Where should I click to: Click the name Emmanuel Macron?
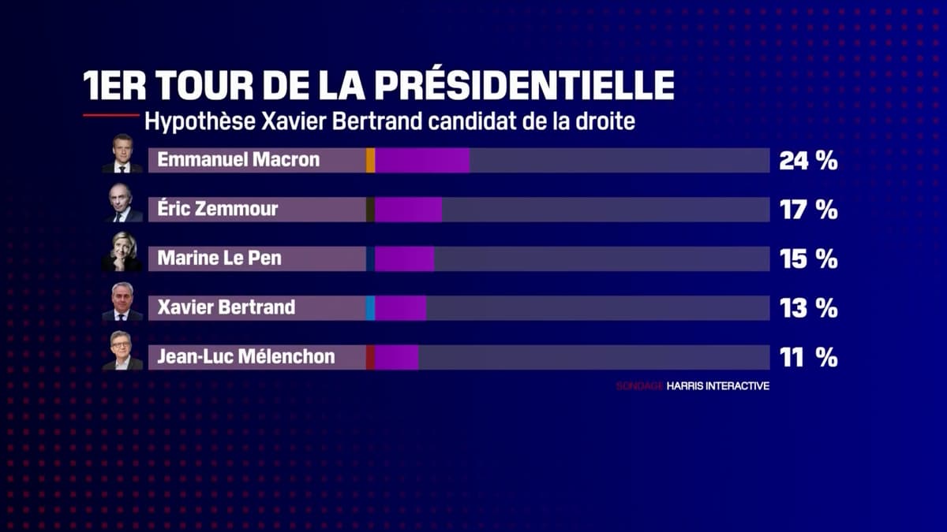[x=238, y=160]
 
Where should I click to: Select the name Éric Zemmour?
[x=218, y=210]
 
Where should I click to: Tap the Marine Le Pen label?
[x=219, y=259]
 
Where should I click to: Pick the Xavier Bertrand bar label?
[x=226, y=307]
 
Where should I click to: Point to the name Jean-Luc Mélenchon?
[x=246, y=357]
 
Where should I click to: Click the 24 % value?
[x=808, y=161]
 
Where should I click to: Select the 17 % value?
[x=808, y=210]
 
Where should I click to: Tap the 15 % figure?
[x=808, y=259]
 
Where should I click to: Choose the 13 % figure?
[x=808, y=308]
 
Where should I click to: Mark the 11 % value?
[x=808, y=358]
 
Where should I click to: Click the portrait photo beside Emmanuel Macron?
[x=122, y=154]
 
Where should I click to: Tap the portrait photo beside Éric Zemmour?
[x=122, y=203]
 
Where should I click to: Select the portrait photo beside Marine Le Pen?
[x=122, y=252]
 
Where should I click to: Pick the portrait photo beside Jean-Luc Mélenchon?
[x=122, y=351]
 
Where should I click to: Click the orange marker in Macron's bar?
[x=370, y=161]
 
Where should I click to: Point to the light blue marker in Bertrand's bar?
[x=370, y=308]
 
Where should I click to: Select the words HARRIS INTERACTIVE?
[x=717, y=386]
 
